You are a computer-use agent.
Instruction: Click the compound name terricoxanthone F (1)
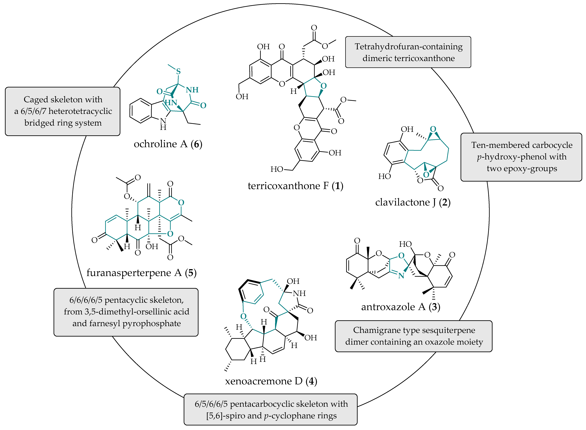pyautogui.click(x=295, y=186)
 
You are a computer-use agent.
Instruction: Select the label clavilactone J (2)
pyautogui.click(x=413, y=202)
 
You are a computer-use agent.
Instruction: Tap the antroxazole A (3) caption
pyautogui.click(x=400, y=307)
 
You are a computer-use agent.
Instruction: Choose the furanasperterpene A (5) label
pyautogui.click(x=141, y=273)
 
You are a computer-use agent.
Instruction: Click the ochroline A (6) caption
pyautogui.click(x=168, y=144)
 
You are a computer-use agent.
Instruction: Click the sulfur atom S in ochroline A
pyautogui.click(x=178, y=72)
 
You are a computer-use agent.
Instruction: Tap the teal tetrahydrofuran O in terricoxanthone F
pyautogui.click(x=323, y=86)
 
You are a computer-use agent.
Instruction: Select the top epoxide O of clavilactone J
pyautogui.click(x=433, y=129)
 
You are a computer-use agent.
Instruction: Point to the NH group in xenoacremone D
pyautogui.click(x=299, y=293)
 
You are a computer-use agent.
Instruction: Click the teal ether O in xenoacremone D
pyautogui.click(x=243, y=316)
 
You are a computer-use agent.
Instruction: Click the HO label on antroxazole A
pyautogui.click(x=405, y=244)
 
